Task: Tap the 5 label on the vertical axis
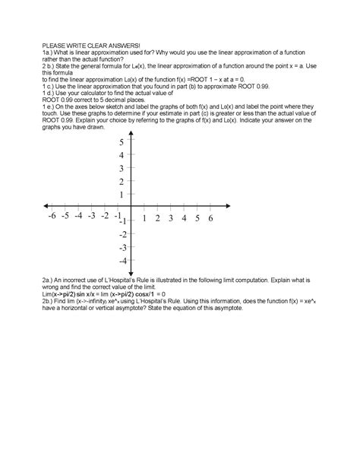[122, 142]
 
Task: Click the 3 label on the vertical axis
[122, 168]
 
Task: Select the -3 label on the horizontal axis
[92, 217]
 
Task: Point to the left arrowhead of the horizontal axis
[46, 206]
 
